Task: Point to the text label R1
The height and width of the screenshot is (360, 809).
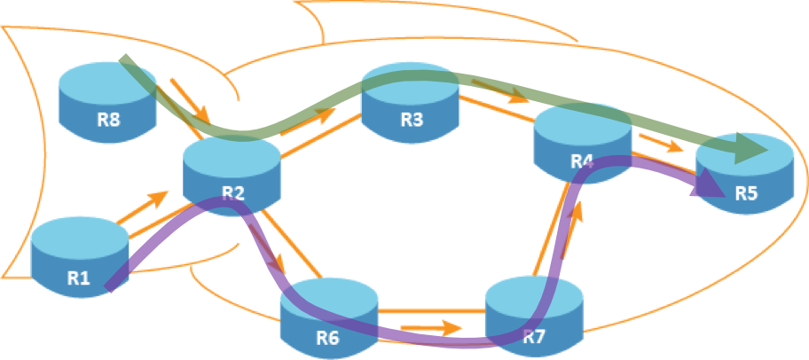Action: (x=79, y=278)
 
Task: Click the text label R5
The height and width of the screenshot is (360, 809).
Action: (x=746, y=194)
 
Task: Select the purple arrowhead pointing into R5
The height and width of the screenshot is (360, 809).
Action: (x=709, y=184)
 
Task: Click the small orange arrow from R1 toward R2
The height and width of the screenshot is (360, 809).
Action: (x=142, y=206)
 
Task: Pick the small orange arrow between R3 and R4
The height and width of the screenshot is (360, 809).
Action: (x=497, y=91)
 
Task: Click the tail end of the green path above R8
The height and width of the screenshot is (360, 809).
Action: (x=124, y=63)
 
